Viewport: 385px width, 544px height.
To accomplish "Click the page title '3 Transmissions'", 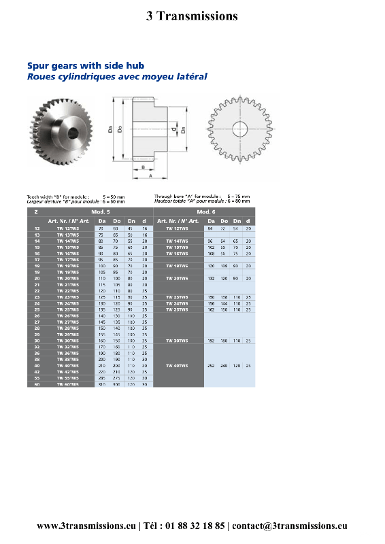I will (x=192, y=16).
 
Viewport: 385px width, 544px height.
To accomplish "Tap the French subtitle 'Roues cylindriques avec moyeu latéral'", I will (x=117, y=77).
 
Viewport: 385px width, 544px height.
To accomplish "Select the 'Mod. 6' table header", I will (x=204, y=212).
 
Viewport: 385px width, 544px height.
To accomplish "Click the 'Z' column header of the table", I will (x=35, y=212).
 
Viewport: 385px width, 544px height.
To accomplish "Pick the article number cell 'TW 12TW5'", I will (x=68, y=229).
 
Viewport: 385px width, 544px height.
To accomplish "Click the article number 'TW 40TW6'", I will (x=178, y=365).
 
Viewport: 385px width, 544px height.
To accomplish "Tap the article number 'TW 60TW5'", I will (x=68, y=384).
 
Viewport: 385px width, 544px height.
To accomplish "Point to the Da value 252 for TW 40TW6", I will (x=211, y=365).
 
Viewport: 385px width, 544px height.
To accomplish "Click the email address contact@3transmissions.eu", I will (x=290, y=526).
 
